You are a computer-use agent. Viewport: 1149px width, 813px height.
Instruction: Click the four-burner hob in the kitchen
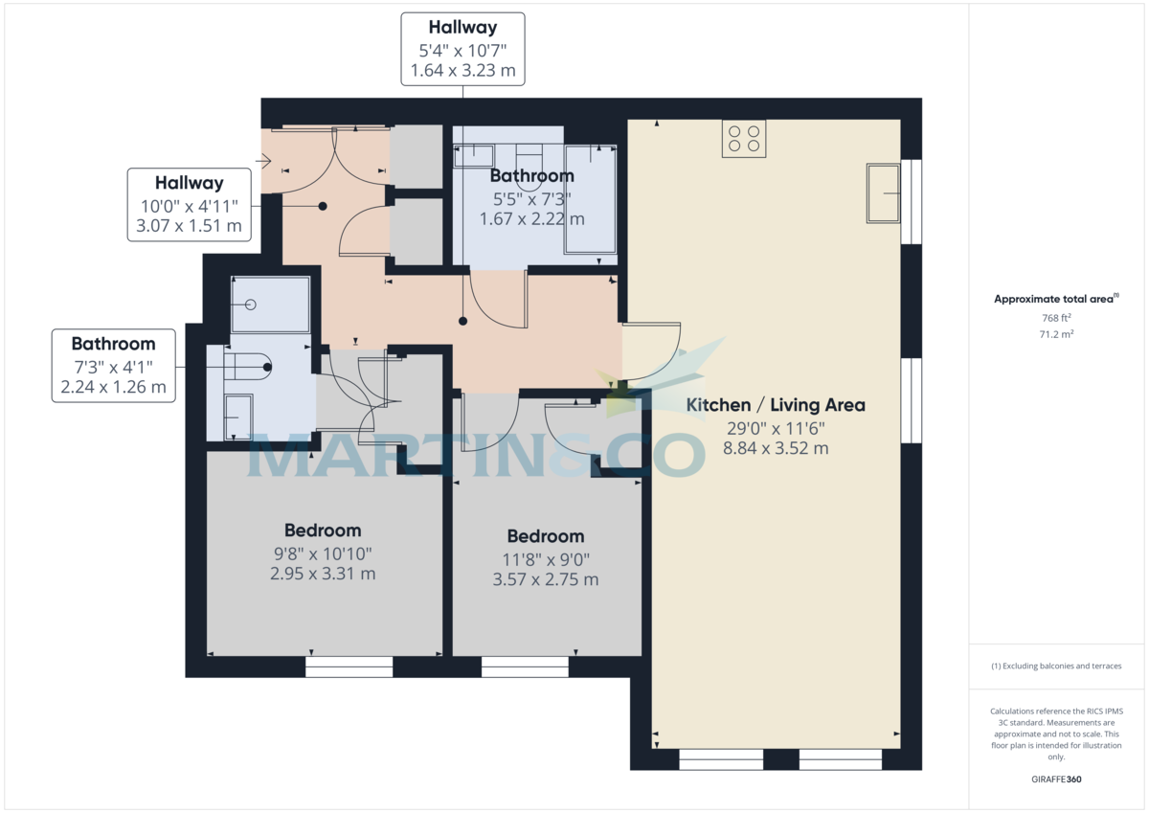click(x=744, y=139)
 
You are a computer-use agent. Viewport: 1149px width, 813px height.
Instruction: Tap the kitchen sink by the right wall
click(x=884, y=193)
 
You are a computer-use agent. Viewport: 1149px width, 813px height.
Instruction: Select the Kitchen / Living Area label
click(x=776, y=405)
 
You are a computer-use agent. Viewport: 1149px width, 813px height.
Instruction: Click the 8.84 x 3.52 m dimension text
click(x=776, y=448)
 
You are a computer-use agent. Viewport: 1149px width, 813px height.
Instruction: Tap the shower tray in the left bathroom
click(x=271, y=305)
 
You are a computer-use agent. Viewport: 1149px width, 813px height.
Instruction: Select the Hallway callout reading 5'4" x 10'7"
click(x=463, y=50)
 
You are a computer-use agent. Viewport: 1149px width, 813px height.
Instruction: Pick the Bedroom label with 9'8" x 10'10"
click(x=323, y=531)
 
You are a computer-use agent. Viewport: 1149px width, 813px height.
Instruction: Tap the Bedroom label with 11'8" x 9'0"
click(x=545, y=536)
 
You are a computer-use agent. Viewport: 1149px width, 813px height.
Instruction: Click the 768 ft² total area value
click(x=1056, y=318)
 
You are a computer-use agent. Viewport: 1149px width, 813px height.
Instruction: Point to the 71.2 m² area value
click(x=1056, y=335)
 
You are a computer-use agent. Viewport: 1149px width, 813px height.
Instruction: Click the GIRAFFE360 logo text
click(x=1056, y=779)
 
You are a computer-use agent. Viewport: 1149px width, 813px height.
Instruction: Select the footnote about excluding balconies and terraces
click(x=1056, y=666)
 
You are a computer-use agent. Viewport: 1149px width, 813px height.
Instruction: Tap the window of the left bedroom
click(x=349, y=666)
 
